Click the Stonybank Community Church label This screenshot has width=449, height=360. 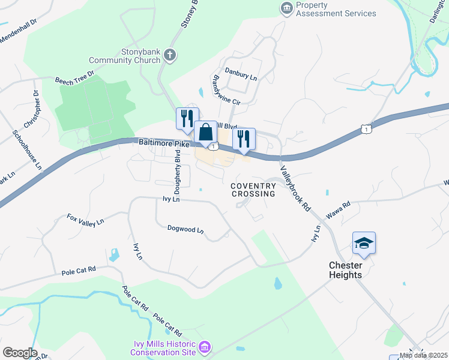coord(124,56)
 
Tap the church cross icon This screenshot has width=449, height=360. coord(170,56)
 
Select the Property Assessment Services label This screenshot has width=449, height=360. coord(336,9)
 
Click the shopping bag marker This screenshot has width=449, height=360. coord(205,132)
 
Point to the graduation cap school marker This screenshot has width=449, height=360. coord(364,243)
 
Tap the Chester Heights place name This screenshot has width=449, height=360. coord(345,270)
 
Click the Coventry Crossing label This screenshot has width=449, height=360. coord(253,190)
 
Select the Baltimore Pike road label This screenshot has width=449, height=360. coord(164,143)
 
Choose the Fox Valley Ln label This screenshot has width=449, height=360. coord(85,220)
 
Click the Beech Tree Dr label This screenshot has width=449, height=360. coord(75,78)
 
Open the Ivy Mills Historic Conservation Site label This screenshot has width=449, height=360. coord(164,348)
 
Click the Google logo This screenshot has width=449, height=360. coord(20,353)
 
